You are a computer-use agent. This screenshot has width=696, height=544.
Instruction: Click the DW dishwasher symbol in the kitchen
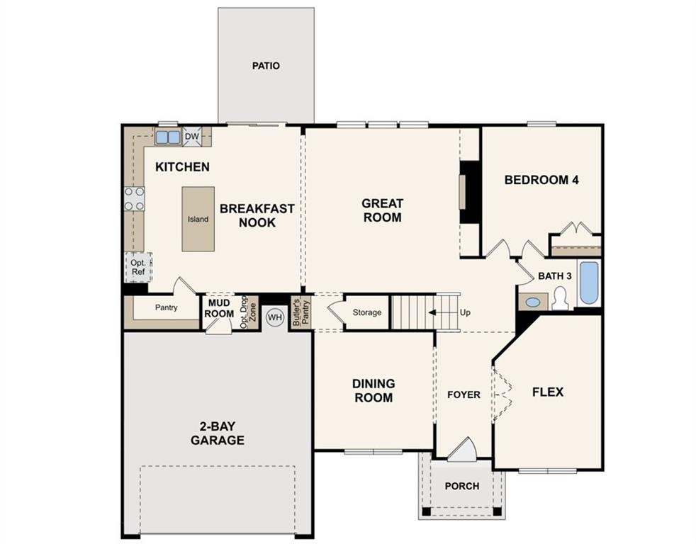click(192, 137)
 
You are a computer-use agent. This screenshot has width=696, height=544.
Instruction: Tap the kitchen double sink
click(168, 137)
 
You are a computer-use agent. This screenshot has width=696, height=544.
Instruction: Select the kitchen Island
click(198, 219)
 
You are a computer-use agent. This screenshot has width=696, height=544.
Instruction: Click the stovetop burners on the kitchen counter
click(135, 199)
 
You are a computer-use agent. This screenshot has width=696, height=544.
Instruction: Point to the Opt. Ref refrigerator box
click(138, 267)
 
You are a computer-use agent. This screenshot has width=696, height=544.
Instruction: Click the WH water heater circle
click(275, 317)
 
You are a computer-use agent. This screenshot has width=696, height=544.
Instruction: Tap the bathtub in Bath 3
click(589, 283)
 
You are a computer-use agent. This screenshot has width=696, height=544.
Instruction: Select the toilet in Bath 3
click(561, 299)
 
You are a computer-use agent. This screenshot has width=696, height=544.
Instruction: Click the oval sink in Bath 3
click(533, 302)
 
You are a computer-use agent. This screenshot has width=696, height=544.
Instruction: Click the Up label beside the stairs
click(465, 313)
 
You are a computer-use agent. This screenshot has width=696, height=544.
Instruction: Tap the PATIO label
click(266, 66)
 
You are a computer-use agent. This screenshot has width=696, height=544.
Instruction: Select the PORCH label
click(462, 487)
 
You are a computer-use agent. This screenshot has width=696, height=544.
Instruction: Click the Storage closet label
click(367, 312)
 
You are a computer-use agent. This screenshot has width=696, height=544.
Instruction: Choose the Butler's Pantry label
click(301, 311)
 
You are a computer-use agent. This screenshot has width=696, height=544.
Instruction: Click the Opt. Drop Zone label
click(248, 312)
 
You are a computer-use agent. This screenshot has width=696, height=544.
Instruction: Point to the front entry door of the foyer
click(463, 450)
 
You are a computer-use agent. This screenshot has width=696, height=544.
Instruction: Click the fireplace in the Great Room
click(470, 192)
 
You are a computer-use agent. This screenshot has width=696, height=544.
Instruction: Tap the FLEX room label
click(548, 392)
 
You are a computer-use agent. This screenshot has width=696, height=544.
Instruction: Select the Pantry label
click(167, 307)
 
